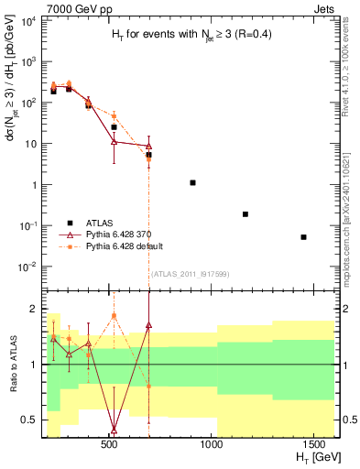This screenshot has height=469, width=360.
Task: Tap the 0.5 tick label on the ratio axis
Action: pyautogui.click(x=27, y=420)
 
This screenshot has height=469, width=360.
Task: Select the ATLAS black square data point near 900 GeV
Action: pyautogui.click(x=192, y=182)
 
